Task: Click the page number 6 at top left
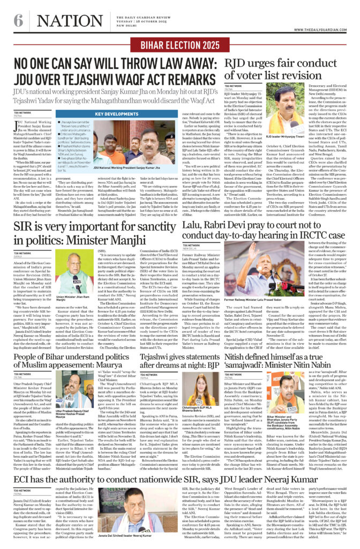[19, 21]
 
